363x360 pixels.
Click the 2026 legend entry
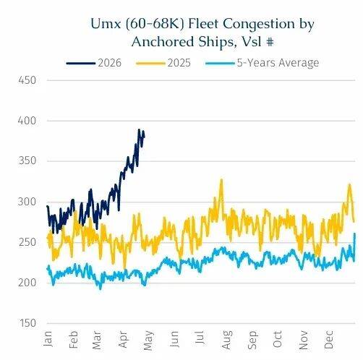[x=94, y=63]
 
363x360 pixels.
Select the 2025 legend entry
[x=163, y=63]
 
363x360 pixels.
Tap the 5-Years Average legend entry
[x=262, y=63]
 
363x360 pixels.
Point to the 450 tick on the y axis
[x=27, y=80]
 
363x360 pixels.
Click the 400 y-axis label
[x=27, y=121]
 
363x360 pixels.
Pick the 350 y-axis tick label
[x=27, y=161]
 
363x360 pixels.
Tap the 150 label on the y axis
[x=27, y=323]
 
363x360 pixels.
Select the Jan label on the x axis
[x=48, y=338]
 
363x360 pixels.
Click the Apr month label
[x=123, y=340]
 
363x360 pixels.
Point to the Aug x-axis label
[x=227, y=340]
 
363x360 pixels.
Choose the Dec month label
[x=328, y=340]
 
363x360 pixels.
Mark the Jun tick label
[x=174, y=339]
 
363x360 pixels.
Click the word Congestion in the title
[x=259, y=25]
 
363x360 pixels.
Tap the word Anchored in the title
[x=163, y=42]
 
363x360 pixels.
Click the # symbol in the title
[x=270, y=43]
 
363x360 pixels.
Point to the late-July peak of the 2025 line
[x=221, y=179]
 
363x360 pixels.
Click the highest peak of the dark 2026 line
[x=139, y=130]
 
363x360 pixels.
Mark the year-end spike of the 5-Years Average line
[x=354, y=233]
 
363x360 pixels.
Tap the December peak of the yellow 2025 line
[x=349, y=184]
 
